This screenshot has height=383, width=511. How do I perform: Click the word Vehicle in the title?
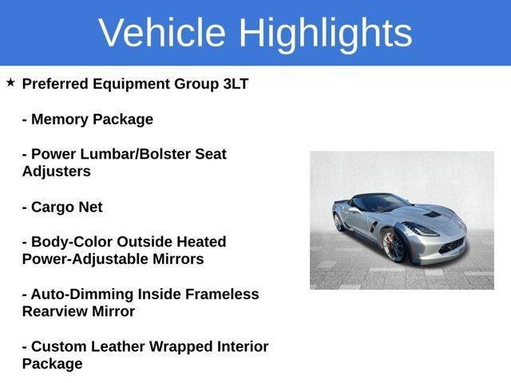pos(162,33)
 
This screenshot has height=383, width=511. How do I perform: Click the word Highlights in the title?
pos(325,33)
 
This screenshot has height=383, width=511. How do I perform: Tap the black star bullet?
pos(10,82)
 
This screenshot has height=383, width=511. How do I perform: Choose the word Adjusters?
pos(56,172)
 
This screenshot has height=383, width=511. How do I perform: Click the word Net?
pos(89,207)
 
